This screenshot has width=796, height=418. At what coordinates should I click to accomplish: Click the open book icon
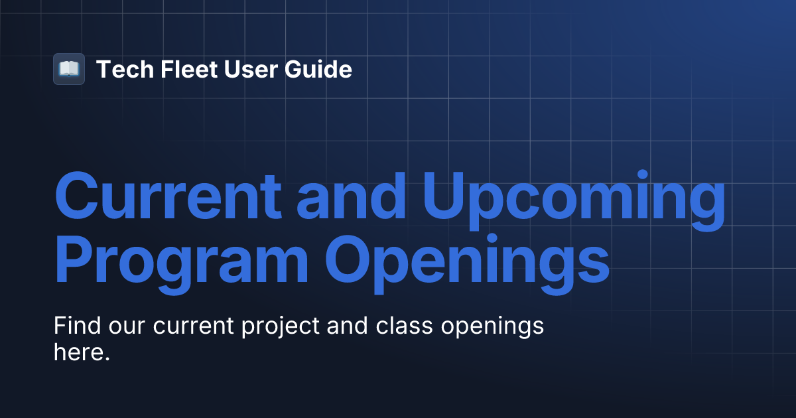point(69,69)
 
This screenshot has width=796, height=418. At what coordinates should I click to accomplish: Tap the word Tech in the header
point(125,69)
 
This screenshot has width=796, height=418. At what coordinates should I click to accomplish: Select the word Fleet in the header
point(188,69)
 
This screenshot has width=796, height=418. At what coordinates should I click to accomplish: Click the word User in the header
point(251,69)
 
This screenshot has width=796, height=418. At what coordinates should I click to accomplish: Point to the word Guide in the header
point(318,69)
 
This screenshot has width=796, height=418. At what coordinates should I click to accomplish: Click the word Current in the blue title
point(168,196)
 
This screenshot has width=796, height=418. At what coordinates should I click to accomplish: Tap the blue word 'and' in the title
point(351,196)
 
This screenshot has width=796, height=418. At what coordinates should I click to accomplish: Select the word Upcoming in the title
point(574,200)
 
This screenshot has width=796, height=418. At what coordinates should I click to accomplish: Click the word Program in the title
point(181,265)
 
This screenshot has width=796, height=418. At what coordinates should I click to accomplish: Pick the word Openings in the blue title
point(467,265)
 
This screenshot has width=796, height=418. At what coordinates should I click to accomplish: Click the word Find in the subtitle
point(77,325)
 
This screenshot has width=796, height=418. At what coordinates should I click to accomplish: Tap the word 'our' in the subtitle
point(127,328)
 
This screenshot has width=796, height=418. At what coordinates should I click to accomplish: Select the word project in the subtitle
point(281,327)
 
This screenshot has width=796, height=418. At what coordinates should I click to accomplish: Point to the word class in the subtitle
point(404,325)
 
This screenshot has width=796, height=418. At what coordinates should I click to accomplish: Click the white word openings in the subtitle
point(492,327)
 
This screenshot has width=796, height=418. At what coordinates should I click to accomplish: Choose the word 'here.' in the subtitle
point(82,352)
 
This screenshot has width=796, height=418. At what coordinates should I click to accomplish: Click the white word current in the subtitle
point(193,326)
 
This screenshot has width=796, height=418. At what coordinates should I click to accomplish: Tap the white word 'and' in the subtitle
point(347,325)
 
